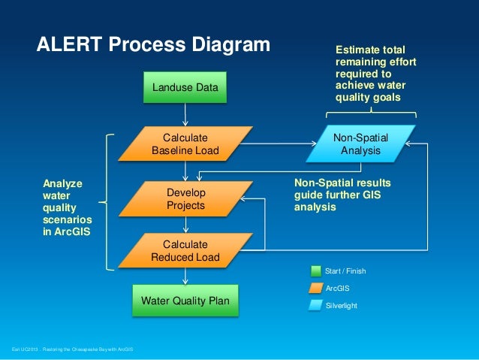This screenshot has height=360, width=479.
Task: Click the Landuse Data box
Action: [x=185, y=88]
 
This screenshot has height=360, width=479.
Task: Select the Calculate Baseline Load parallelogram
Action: [x=185, y=144]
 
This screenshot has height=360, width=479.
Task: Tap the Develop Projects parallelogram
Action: [x=185, y=199]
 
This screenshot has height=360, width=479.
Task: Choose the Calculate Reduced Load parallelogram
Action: [x=185, y=252]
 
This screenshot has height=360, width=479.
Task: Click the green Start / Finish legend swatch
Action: [x=315, y=271]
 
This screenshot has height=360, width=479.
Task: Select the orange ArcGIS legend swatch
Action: [x=315, y=288]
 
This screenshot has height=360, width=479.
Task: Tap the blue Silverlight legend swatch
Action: [x=315, y=305]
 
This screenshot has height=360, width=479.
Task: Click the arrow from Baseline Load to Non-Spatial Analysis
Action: [x=278, y=143]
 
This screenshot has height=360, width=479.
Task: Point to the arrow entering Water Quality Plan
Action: [x=185, y=277]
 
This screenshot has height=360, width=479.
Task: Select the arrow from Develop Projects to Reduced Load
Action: [x=185, y=225]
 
